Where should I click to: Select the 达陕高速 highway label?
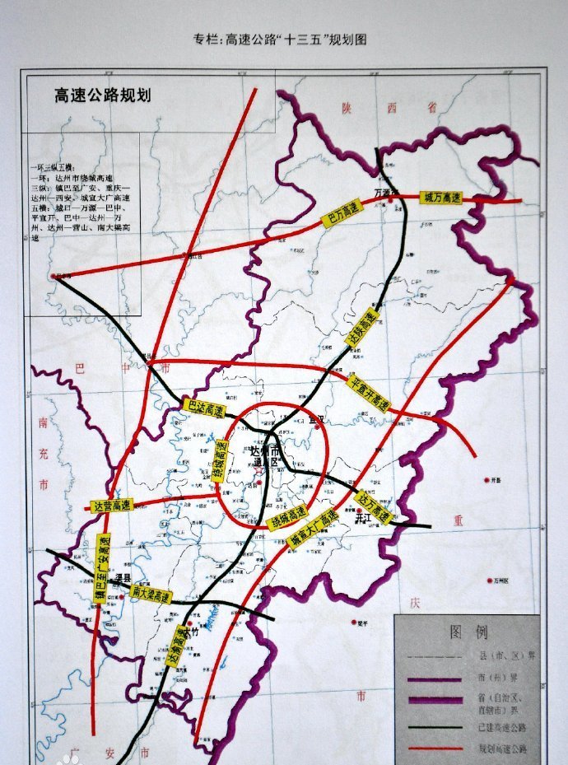[362, 328]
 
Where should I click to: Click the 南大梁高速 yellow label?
[151, 593]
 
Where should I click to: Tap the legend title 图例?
[468, 632]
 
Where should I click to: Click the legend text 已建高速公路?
[497, 727]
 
